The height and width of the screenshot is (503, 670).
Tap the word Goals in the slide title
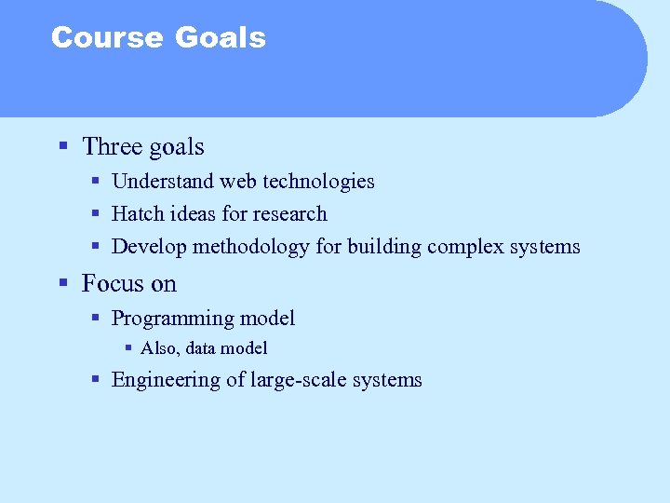pos(220,37)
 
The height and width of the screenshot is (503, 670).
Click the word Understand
pos(159,182)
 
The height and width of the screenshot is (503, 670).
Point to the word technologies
pos(319,182)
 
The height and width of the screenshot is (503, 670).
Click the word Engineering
pos(165,380)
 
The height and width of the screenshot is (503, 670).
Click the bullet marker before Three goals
pos(63,146)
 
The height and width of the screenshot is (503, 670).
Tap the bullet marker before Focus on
pos(63,282)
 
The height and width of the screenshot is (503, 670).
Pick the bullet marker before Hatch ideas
pos(96,213)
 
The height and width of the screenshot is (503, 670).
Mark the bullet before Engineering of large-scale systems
pos(96,378)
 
